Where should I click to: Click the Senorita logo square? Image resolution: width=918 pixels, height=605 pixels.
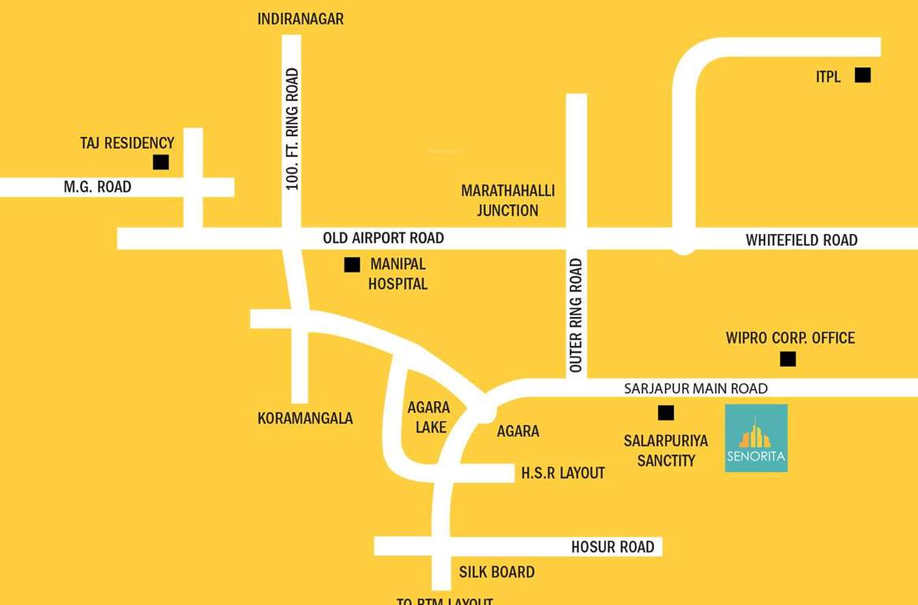[756, 438]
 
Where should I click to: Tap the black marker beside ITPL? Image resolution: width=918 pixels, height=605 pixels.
[863, 75]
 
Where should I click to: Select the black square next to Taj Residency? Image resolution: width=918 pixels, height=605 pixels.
[161, 162]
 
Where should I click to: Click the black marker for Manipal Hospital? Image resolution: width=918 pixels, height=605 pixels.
[351, 265]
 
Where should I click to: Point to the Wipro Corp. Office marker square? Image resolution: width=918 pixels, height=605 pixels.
[787, 359]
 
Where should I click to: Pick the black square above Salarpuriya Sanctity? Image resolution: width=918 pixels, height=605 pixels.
[666, 412]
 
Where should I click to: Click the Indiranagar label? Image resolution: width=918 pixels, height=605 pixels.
[300, 19]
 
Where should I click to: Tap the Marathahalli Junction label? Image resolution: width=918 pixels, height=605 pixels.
[507, 200]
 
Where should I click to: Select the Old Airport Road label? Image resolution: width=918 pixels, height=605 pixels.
[383, 238]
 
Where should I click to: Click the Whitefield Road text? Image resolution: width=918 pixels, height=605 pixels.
[801, 240]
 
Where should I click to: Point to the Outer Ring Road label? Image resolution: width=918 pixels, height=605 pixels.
[576, 315]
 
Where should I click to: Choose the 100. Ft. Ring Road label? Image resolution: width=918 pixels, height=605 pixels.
[292, 129]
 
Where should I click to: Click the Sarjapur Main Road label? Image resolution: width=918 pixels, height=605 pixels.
[695, 388]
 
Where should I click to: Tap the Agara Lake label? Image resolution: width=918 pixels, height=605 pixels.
[429, 418]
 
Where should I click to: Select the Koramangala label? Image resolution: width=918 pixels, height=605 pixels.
[305, 418]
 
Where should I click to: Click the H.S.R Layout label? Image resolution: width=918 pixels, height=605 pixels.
[563, 473]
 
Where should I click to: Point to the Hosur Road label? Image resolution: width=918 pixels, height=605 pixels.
[612, 547]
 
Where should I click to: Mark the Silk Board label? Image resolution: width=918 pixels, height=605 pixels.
[496, 572]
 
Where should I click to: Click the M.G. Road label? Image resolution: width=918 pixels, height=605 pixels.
[98, 187]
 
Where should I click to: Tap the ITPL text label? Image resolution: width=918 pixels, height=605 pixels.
[828, 76]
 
